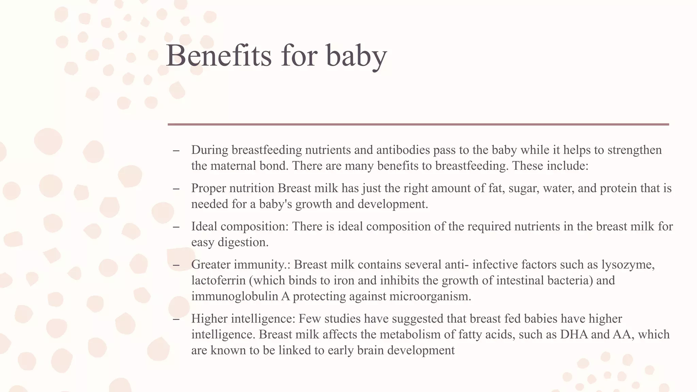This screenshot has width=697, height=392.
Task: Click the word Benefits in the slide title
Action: point(219,55)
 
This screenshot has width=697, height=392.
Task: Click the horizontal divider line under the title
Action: point(418,125)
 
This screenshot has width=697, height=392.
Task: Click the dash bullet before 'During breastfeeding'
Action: point(176,150)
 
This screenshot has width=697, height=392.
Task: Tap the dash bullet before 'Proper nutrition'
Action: point(176,189)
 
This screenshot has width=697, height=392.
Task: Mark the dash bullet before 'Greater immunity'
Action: point(176,265)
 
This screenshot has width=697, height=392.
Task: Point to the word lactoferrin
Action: point(218,280)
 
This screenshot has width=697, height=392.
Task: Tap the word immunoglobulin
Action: point(235,296)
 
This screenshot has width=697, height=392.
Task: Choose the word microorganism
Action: point(430,296)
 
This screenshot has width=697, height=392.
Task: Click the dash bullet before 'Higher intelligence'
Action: point(176,319)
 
